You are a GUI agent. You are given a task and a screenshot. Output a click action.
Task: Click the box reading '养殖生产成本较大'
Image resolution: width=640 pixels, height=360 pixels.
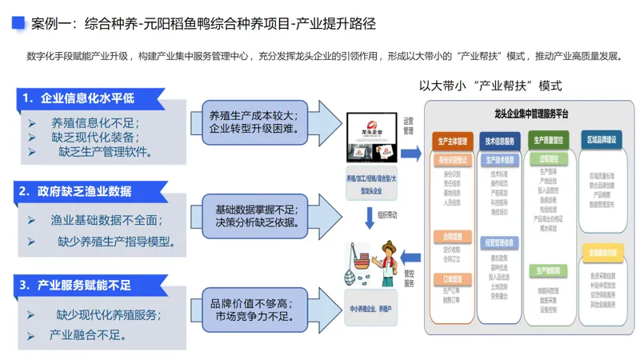tap(253, 121)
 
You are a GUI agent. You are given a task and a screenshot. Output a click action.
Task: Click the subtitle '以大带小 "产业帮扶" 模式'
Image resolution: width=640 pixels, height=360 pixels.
tap(490, 86)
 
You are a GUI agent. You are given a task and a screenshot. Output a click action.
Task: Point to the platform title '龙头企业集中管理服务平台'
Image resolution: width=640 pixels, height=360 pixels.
tap(531, 114)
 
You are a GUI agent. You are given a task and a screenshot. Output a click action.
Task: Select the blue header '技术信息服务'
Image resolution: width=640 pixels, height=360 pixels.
tap(500, 141)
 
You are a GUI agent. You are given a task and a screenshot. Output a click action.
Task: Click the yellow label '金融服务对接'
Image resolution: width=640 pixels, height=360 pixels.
tap(601, 252)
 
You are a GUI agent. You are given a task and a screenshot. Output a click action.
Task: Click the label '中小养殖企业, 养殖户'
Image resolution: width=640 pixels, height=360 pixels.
tap(370, 308)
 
